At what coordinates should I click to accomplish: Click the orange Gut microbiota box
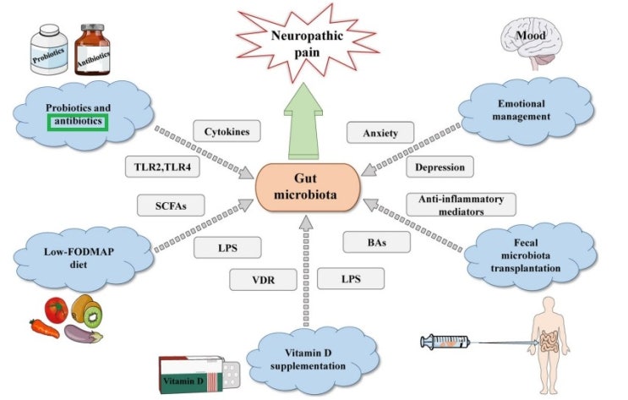coord(308,187)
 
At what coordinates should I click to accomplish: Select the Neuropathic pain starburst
coord(307,43)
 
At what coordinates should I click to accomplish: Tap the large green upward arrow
coord(303,122)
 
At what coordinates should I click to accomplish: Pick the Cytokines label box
coord(227,131)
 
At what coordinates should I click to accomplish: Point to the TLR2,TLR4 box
coord(162,167)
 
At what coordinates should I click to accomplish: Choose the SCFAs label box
coord(171,205)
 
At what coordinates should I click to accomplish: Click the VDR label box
coord(263,279)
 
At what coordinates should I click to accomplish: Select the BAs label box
coord(377,242)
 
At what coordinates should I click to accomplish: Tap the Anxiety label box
coord(380,133)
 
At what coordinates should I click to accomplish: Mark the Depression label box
coord(440,167)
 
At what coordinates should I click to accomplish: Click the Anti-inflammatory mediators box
coord(461,205)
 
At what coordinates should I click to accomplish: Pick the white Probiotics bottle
coord(49,49)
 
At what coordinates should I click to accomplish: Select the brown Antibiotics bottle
coord(92,50)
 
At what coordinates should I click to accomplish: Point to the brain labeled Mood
coord(530,44)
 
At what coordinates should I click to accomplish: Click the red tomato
coord(56,310)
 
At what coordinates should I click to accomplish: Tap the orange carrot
coord(44,328)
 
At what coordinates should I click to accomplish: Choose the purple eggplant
coord(83,334)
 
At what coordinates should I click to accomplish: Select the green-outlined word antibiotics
coord(78,122)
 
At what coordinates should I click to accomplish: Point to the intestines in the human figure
coord(549,342)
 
